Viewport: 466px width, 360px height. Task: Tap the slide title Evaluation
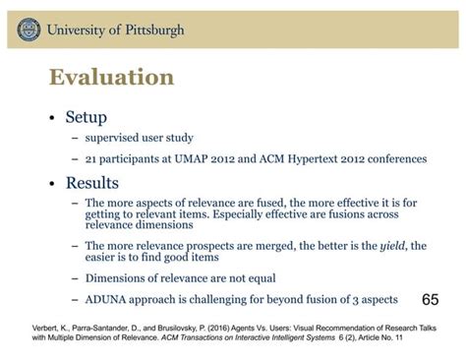[x=110, y=77]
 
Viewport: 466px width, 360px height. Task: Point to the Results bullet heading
[x=92, y=183]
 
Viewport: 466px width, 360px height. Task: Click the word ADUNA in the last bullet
[x=108, y=299]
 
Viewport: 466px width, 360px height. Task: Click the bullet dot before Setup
[x=51, y=118]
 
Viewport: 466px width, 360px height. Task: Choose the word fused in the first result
[x=272, y=204]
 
